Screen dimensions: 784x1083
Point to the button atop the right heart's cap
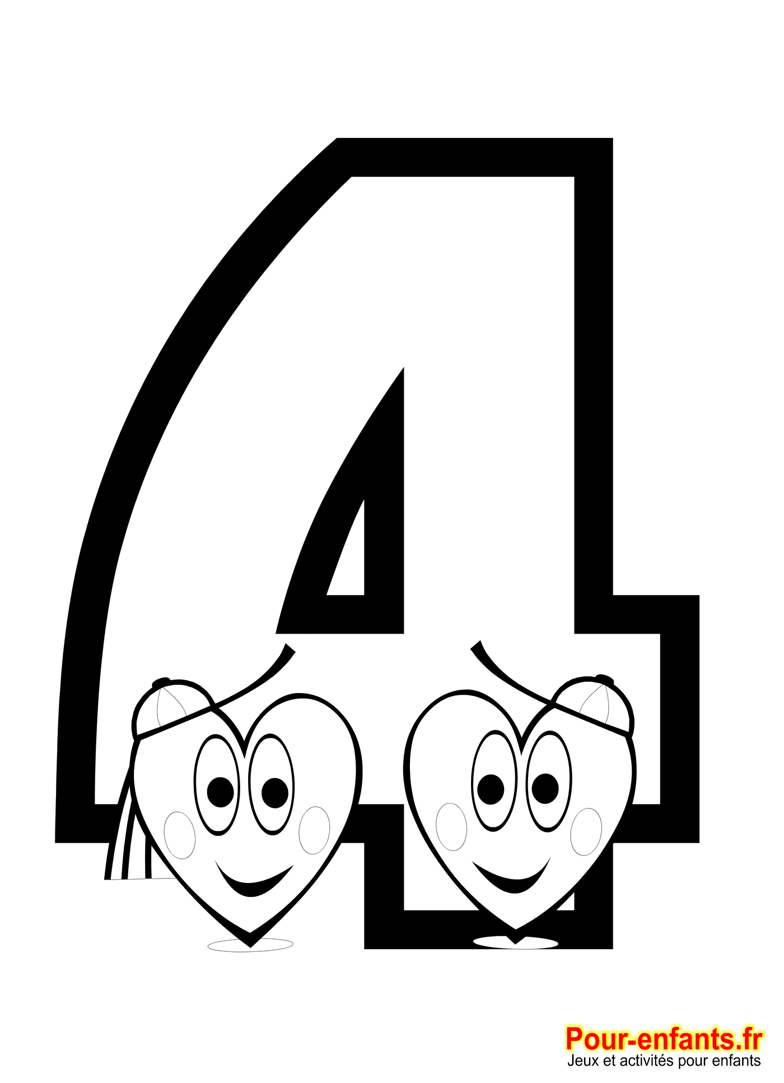pos(605,680)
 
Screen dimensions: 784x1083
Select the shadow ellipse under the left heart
pos(250,945)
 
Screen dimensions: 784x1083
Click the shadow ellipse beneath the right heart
pos(516,942)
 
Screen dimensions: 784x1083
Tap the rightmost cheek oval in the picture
pos(586,831)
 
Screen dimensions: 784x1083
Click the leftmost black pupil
pos(220,792)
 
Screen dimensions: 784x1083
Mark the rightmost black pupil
pos(545,788)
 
